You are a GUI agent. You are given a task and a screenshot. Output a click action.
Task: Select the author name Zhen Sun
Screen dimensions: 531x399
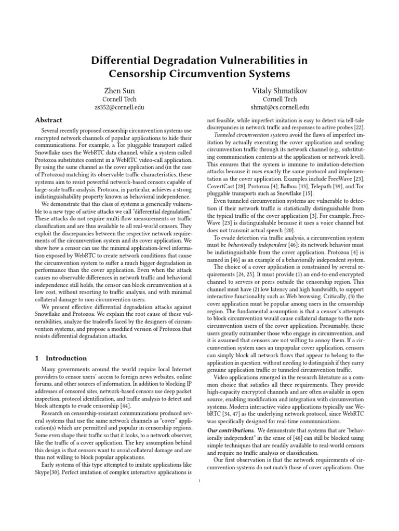coord(119,91)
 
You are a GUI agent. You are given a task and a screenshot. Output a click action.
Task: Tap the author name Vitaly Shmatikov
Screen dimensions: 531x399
coord(280,91)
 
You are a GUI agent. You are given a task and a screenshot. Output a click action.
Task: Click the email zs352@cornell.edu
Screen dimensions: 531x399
coord(119,107)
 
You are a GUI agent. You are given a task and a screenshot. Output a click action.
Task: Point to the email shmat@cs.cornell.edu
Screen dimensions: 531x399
coord(280,107)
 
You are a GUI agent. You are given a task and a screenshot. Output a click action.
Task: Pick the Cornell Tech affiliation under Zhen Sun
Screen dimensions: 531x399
coord(119,99)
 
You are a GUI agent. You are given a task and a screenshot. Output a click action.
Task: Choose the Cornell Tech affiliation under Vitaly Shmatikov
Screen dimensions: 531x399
coord(280,99)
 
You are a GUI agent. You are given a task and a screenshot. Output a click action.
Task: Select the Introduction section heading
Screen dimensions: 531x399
coord(66,358)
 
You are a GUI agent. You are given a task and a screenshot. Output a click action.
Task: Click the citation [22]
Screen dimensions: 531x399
coord(358,128)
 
